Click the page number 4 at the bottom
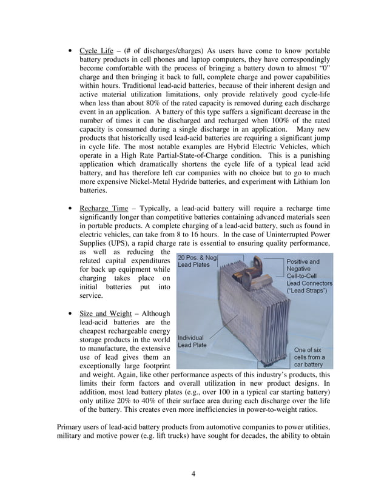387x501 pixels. pyautogui.click(x=193, y=474)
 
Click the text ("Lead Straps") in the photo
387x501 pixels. pyautogui.click(x=307, y=291)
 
